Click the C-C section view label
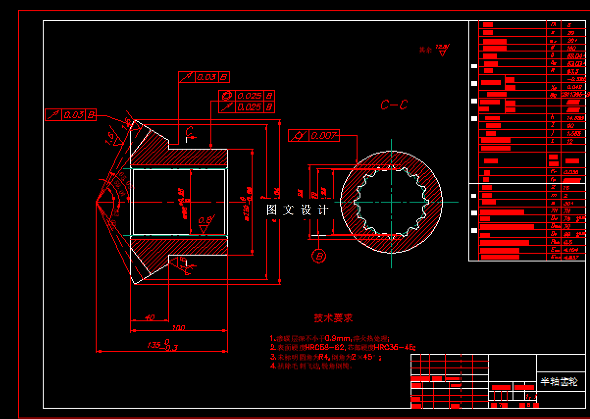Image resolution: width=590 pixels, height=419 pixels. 394,105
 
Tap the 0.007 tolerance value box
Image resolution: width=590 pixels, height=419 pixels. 324,135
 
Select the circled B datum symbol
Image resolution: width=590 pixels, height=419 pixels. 319,256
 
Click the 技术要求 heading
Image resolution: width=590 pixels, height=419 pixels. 333,318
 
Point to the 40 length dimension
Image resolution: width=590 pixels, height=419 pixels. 150,317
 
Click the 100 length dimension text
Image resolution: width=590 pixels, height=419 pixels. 179,327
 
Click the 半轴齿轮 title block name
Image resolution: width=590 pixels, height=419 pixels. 560,382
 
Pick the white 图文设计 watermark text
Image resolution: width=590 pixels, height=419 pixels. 297,210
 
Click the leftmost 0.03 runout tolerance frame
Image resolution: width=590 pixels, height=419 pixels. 70,115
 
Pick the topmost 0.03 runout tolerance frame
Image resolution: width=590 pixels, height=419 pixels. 204,77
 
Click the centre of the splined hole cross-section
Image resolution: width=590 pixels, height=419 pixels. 391,202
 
